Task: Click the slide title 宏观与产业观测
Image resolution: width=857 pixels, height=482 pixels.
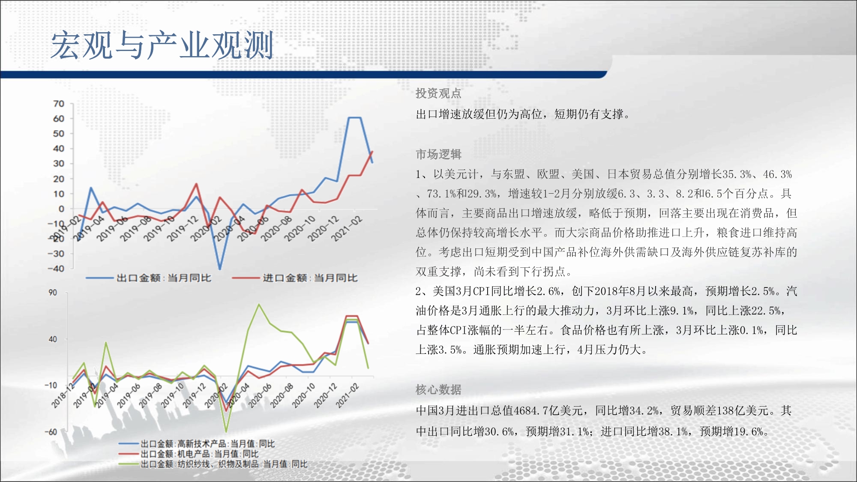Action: tap(162, 45)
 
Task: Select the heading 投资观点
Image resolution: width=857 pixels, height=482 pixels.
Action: tap(438, 93)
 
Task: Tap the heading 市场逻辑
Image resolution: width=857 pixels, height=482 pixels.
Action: tap(438, 154)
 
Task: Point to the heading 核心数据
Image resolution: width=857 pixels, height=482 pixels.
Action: tap(438, 389)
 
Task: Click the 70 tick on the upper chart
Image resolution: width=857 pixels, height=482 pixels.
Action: tap(59, 104)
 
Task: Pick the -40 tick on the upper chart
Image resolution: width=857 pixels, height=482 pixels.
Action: tap(56, 269)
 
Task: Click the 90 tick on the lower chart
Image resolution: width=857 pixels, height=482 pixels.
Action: tap(52, 293)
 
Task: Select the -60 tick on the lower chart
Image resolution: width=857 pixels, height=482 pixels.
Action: tap(51, 432)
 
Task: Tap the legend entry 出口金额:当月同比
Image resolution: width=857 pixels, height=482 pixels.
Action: tap(148, 278)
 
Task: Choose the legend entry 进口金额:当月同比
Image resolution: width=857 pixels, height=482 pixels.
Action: tap(295, 278)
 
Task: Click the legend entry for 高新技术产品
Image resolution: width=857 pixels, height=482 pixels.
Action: tap(197, 444)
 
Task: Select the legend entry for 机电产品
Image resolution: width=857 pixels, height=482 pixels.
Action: tap(189, 454)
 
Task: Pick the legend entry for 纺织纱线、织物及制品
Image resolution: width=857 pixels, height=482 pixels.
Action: tap(213, 464)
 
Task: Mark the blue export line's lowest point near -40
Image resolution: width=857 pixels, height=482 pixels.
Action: tap(220, 269)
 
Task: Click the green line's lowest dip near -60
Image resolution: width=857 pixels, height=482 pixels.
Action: tap(226, 431)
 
